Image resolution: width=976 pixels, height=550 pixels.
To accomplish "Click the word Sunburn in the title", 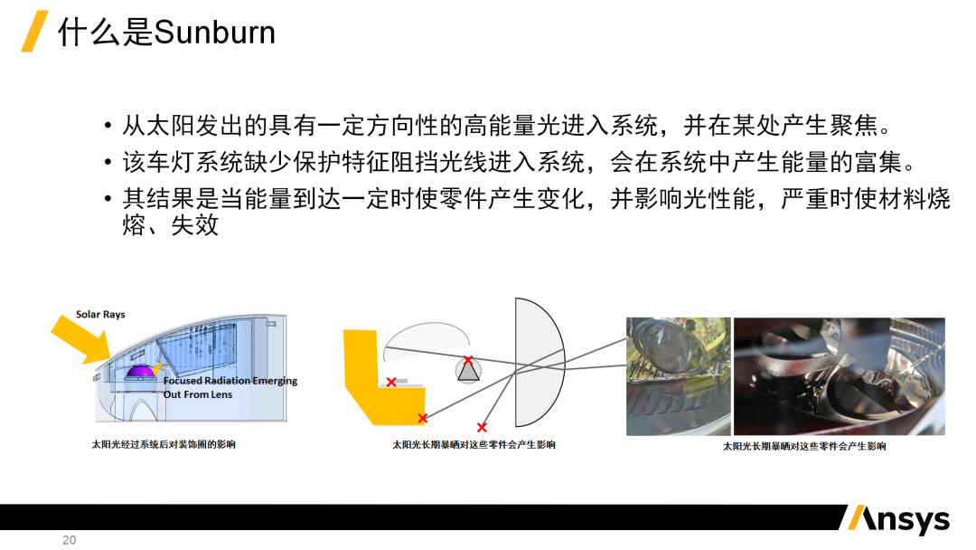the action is coord(214,33).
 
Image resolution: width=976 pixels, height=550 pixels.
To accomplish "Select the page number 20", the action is coord(69,540).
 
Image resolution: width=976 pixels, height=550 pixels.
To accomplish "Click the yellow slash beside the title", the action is coord(34,31).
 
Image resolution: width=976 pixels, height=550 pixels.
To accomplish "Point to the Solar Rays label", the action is coord(100,315).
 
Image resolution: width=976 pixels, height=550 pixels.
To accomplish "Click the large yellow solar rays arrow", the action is coord(81,339).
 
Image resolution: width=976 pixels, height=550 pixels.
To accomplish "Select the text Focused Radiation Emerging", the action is coord(230,381).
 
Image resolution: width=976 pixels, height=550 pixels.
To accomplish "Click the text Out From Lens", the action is coord(197,394).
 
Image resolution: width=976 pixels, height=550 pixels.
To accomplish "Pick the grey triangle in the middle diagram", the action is coord(468,371).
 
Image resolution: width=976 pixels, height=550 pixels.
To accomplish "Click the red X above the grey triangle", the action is coord(468,360).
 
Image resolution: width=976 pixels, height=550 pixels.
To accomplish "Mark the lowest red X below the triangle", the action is coord(482,427).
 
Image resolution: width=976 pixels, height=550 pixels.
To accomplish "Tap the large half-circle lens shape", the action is coord(539,363).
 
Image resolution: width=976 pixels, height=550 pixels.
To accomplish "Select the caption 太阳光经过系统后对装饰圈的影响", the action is coord(164,444).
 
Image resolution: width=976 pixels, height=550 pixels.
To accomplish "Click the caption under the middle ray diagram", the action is coord(474,445).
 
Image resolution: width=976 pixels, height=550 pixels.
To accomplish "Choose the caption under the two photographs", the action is coord(804,446).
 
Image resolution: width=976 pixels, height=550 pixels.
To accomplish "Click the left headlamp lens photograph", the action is coord(679,376).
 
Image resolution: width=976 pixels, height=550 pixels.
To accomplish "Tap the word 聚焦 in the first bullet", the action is coord(853,126).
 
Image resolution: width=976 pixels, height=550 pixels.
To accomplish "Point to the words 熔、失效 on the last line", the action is coord(171,225).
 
